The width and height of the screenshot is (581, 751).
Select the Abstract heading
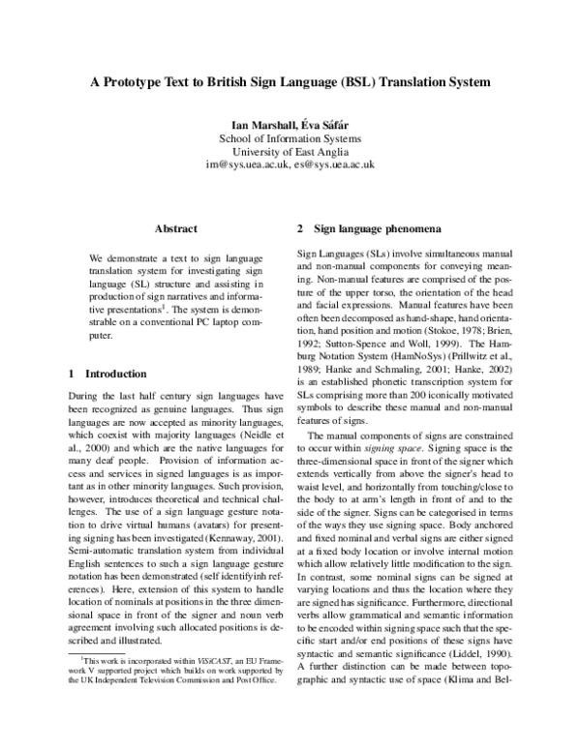click(x=177, y=229)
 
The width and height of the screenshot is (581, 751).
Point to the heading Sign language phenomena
click(x=378, y=229)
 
